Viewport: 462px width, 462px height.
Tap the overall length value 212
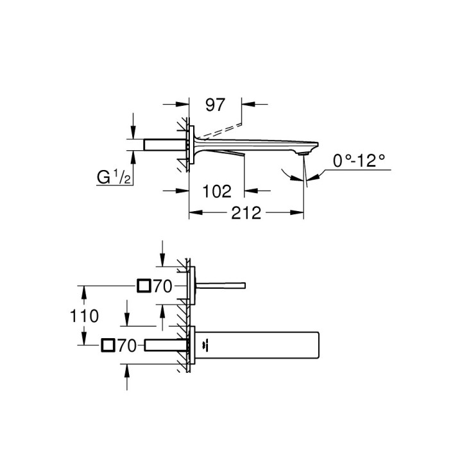(246, 214)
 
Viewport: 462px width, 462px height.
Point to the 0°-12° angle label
(362, 160)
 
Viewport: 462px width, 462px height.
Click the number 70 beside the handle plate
(163, 286)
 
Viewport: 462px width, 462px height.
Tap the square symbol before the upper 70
(144, 286)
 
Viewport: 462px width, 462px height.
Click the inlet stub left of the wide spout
(166, 346)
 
